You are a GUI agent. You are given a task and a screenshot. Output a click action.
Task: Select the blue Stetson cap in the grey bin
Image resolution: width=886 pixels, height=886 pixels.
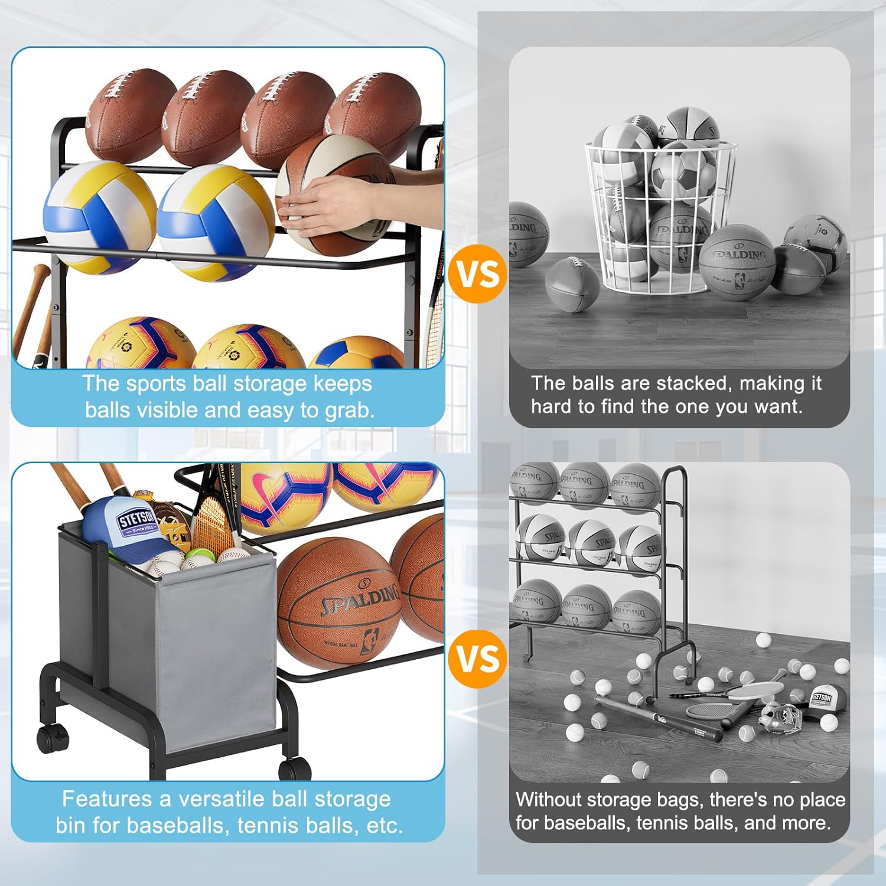121,523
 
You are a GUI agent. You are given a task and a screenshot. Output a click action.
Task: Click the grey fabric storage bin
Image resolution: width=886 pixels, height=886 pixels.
177,644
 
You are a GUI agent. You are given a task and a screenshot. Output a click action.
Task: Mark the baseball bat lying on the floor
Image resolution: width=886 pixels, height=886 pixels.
659,718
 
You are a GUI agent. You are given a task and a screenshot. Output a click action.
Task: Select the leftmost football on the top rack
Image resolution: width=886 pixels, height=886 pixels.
130,115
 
